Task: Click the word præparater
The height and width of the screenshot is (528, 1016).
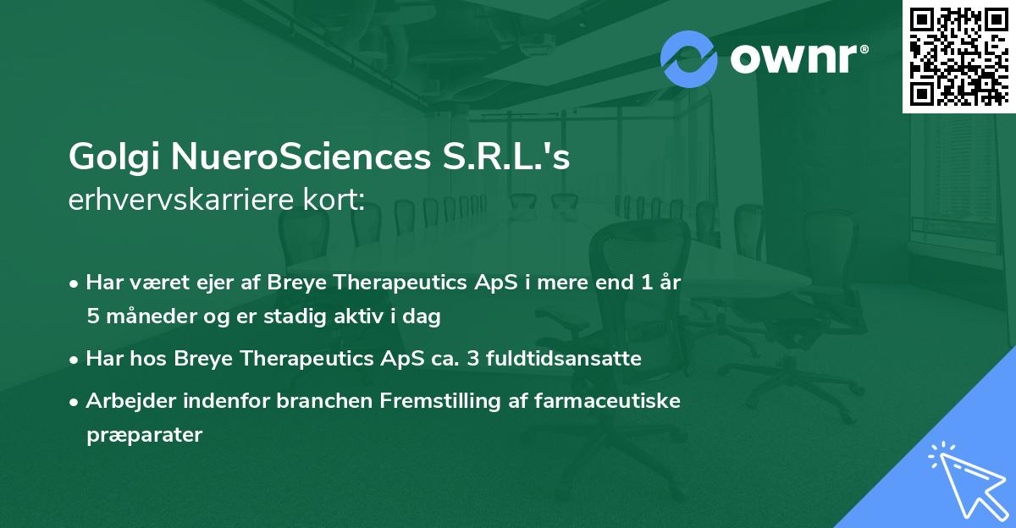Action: click(144, 435)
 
